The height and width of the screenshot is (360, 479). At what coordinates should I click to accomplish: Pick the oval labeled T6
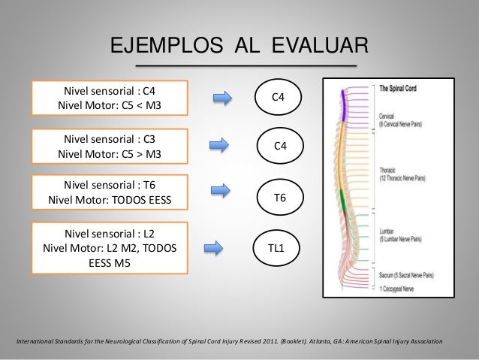click(x=279, y=198)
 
